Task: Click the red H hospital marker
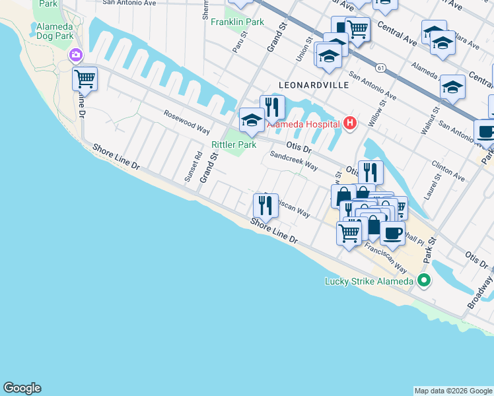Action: tap(349, 123)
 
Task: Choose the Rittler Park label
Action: tap(233, 145)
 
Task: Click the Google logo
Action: tap(22, 388)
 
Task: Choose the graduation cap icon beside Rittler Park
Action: tap(251, 119)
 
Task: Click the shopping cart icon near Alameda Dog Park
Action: tap(85, 79)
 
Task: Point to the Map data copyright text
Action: tap(453, 391)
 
